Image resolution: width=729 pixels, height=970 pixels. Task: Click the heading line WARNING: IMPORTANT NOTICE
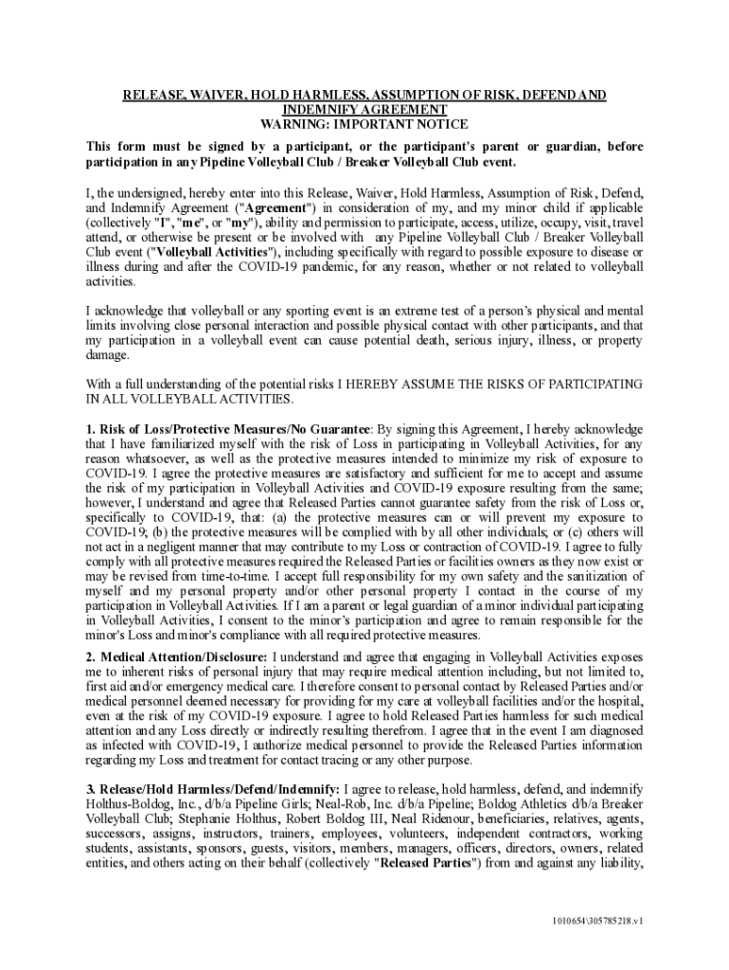click(364, 124)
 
